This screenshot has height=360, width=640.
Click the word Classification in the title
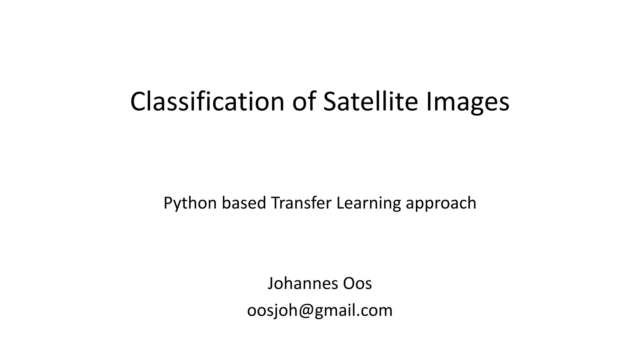pyautogui.click(x=207, y=101)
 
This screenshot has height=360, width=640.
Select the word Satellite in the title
pyautogui.click(x=370, y=101)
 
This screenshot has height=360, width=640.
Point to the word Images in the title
pyautogui.click(x=468, y=102)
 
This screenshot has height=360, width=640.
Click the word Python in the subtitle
pyautogui.click(x=190, y=203)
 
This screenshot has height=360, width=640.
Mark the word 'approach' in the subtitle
pyautogui.click(x=441, y=203)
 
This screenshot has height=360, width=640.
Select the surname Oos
pyautogui.click(x=357, y=283)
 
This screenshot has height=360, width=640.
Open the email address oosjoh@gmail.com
pyautogui.click(x=320, y=311)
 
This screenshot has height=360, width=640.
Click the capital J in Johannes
pyautogui.click(x=271, y=283)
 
